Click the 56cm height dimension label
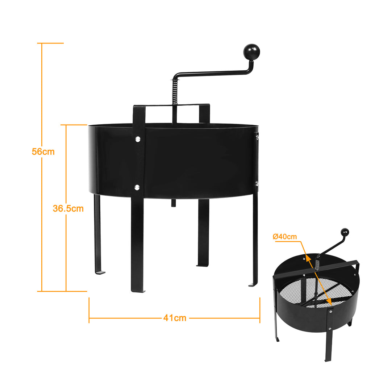click(x=43, y=152)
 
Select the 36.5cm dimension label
click(x=68, y=208)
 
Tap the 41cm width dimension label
click(x=175, y=318)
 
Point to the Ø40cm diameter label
click(x=285, y=237)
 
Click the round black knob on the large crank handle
click(x=251, y=51)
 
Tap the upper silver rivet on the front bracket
click(x=138, y=139)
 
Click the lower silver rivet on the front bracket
click(x=137, y=188)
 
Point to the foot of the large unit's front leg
click(x=138, y=291)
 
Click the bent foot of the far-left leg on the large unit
click(x=100, y=273)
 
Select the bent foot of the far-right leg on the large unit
click(x=253, y=285)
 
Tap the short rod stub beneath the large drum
click(x=174, y=203)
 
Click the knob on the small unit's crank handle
click(x=345, y=232)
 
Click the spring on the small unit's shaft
click(x=317, y=265)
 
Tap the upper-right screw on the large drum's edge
click(x=257, y=137)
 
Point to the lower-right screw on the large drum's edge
click(x=257, y=183)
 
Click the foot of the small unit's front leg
click(x=327, y=360)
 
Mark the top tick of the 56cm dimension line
click(x=50, y=43)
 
